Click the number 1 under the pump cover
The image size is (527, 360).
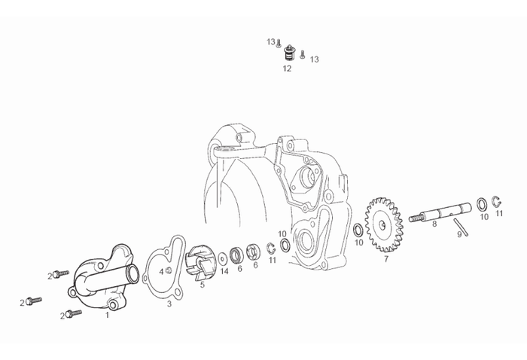pos(107,316)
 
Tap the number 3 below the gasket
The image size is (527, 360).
pos(169,304)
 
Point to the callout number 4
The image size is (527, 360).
pos(160,271)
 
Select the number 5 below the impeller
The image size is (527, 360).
pos(201,285)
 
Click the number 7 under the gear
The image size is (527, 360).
pos(386,258)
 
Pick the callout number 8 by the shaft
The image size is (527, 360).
pos(434,224)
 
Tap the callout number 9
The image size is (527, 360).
pos(458,234)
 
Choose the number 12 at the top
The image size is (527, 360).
pos(287,68)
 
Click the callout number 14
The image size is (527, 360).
pos(224,270)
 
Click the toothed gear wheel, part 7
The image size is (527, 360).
pos(383,223)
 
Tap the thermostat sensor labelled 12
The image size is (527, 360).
pos(287,53)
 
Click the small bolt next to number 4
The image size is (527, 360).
pos(169,270)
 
